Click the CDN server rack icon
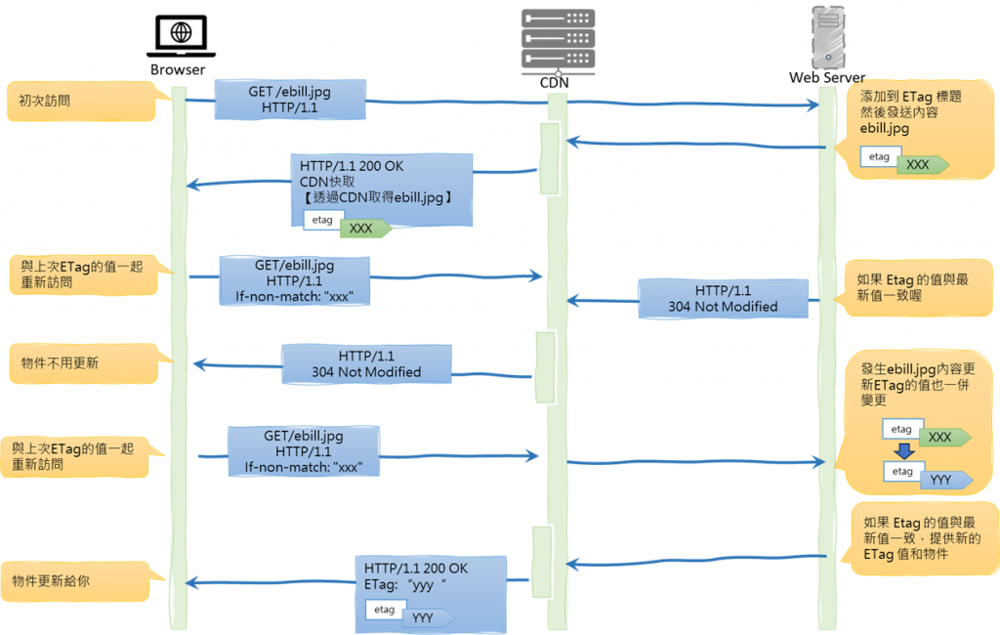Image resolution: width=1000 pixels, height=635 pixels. coord(558,40)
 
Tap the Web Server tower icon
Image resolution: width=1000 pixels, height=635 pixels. coord(827,37)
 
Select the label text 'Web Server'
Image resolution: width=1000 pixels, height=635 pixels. coord(827,77)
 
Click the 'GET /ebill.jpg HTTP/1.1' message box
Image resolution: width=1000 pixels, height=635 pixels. coord(289,100)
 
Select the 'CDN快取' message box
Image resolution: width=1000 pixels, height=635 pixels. coord(381,189)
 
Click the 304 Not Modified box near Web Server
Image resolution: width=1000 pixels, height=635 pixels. coord(723,298)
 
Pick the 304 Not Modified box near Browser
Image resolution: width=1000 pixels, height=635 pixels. coord(366,363)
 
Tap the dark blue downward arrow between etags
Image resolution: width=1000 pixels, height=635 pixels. coord(904,451)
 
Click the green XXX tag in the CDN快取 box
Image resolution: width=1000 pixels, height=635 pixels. coord(362,229)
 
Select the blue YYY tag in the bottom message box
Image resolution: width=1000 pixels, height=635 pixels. coord(425,617)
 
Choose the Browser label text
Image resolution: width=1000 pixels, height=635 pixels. coord(178,69)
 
